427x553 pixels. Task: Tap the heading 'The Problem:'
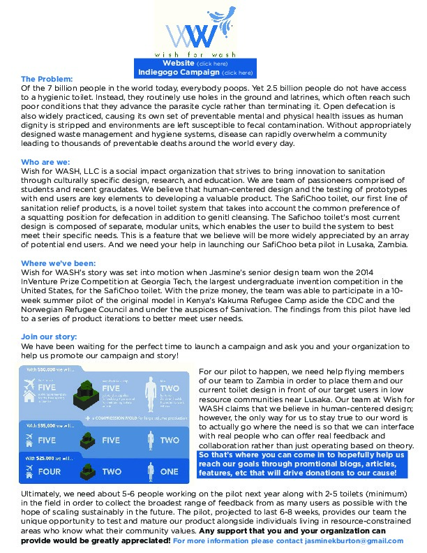tap(47, 80)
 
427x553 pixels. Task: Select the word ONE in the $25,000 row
tap(170, 471)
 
